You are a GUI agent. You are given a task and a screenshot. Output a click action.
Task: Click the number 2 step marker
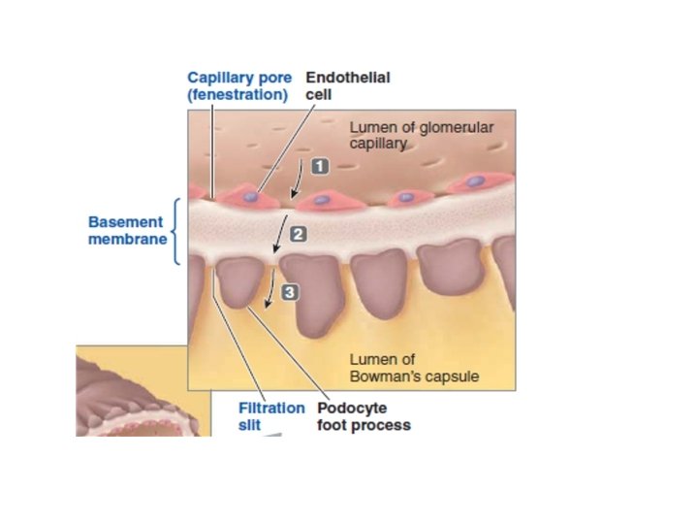pos(298,234)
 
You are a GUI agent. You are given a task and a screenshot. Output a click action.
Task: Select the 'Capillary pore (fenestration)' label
pos(238,86)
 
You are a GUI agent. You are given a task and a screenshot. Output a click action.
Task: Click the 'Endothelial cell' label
pos(348,86)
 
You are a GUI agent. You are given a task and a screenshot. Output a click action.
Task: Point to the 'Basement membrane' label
pos(126,230)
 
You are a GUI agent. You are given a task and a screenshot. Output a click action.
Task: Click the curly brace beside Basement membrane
pos(175,231)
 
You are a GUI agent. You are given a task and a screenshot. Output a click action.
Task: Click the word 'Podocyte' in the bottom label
pos(347,408)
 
